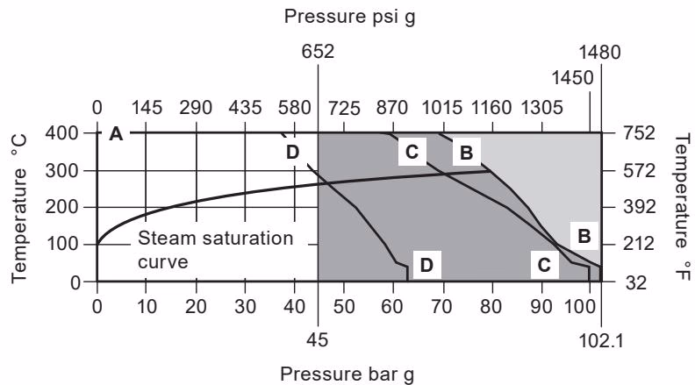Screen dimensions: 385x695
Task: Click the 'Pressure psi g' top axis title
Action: (x=347, y=15)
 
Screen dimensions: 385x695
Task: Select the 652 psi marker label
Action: (x=318, y=52)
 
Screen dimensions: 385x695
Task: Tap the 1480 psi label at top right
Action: (x=601, y=52)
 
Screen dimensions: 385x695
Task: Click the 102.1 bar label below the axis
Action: (x=601, y=339)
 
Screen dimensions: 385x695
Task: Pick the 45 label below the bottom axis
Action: (x=318, y=339)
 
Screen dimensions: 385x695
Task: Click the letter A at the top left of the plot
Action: (x=115, y=134)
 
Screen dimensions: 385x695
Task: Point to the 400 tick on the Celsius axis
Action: (x=68, y=133)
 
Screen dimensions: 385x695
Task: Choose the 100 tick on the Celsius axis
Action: (x=68, y=245)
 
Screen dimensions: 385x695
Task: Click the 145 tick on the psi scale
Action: (x=146, y=108)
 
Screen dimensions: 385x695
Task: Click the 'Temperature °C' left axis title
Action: (x=21, y=208)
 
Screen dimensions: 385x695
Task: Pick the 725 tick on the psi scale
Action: (x=344, y=108)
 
